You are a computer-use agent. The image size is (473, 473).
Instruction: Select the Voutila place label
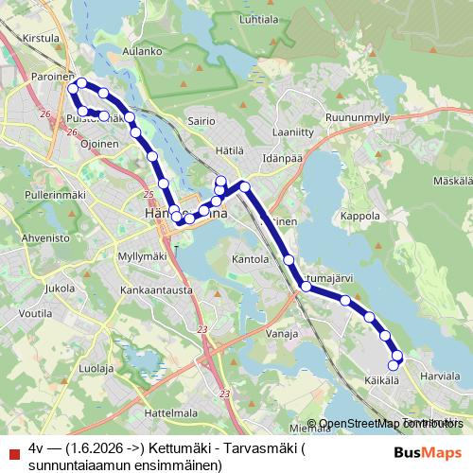coord(35,311)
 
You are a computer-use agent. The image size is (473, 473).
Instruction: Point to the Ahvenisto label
coord(45,238)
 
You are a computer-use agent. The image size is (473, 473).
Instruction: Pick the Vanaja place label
coord(283,334)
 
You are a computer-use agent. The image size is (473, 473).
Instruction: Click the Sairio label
coord(202,121)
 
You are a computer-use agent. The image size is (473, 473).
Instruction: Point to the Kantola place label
coord(251,258)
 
